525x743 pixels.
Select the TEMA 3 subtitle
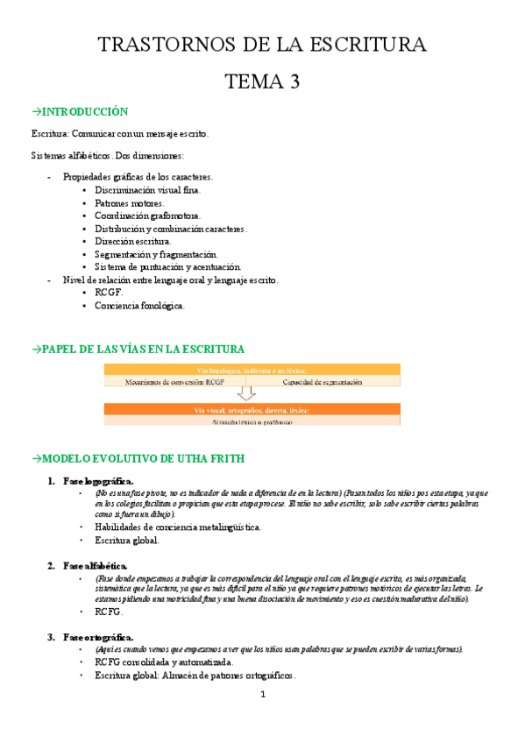pyautogui.click(x=263, y=82)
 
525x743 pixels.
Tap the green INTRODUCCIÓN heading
pyautogui.click(x=80, y=112)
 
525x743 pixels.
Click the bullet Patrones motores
pyautogui.click(x=129, y=202)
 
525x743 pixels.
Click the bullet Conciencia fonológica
pyautogui.click(x=139, y=306)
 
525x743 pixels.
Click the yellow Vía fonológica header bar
pyautogui.click(x=252, y=370)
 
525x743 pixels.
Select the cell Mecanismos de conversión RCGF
pyautogui.click(x=175, y=382)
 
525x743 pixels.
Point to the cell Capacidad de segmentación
pyautogui.click(x=323, y=382)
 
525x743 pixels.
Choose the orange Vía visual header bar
pyautogui.click(x=252, y=409)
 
